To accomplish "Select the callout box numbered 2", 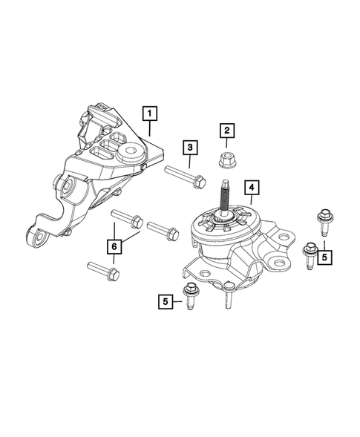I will click(x=226, y=131).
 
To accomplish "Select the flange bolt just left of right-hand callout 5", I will click(x=309, y=254).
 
